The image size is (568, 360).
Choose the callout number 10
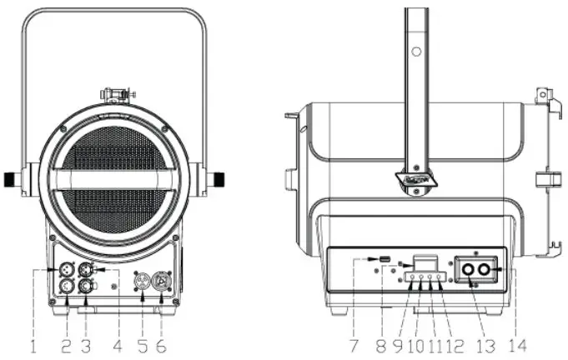415,343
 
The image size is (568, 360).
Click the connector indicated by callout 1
68,270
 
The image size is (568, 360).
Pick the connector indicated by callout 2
68,287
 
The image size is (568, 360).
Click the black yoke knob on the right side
219,178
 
